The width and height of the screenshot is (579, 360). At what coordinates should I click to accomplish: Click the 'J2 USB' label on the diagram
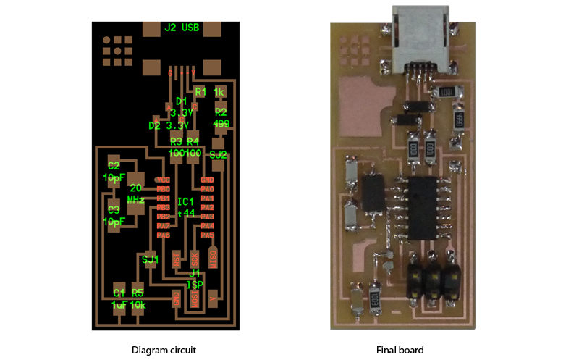coord(181,28)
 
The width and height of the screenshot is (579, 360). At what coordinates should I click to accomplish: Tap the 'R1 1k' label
coord(211,92)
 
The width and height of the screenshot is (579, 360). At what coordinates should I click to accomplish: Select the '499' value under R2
coord(221,124)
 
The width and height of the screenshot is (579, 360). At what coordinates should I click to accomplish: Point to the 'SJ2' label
coord(218,154)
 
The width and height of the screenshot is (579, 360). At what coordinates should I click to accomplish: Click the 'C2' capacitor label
coord(114,164)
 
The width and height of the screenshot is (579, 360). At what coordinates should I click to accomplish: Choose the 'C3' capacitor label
coord(113,210)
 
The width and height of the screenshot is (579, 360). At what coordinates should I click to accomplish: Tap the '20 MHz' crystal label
coord(136,193)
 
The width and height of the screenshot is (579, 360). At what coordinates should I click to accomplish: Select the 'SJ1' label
coord(150,259)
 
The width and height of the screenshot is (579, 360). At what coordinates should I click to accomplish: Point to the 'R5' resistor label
coord(138,293)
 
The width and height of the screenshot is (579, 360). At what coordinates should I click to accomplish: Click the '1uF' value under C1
coord(119,305)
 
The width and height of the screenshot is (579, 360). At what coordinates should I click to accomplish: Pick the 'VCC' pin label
coord(163,179)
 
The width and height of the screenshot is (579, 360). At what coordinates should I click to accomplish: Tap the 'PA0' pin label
coord(208,188)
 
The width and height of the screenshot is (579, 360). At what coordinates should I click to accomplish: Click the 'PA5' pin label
coord(208,235)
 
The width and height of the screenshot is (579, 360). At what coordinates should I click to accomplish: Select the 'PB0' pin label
coord(163,188)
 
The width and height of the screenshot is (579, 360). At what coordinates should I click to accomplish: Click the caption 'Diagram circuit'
coord(164,350)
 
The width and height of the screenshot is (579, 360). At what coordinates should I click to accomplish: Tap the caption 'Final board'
coord(400,350)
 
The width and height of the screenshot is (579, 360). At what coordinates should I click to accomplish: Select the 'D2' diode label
coord(154,125)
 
